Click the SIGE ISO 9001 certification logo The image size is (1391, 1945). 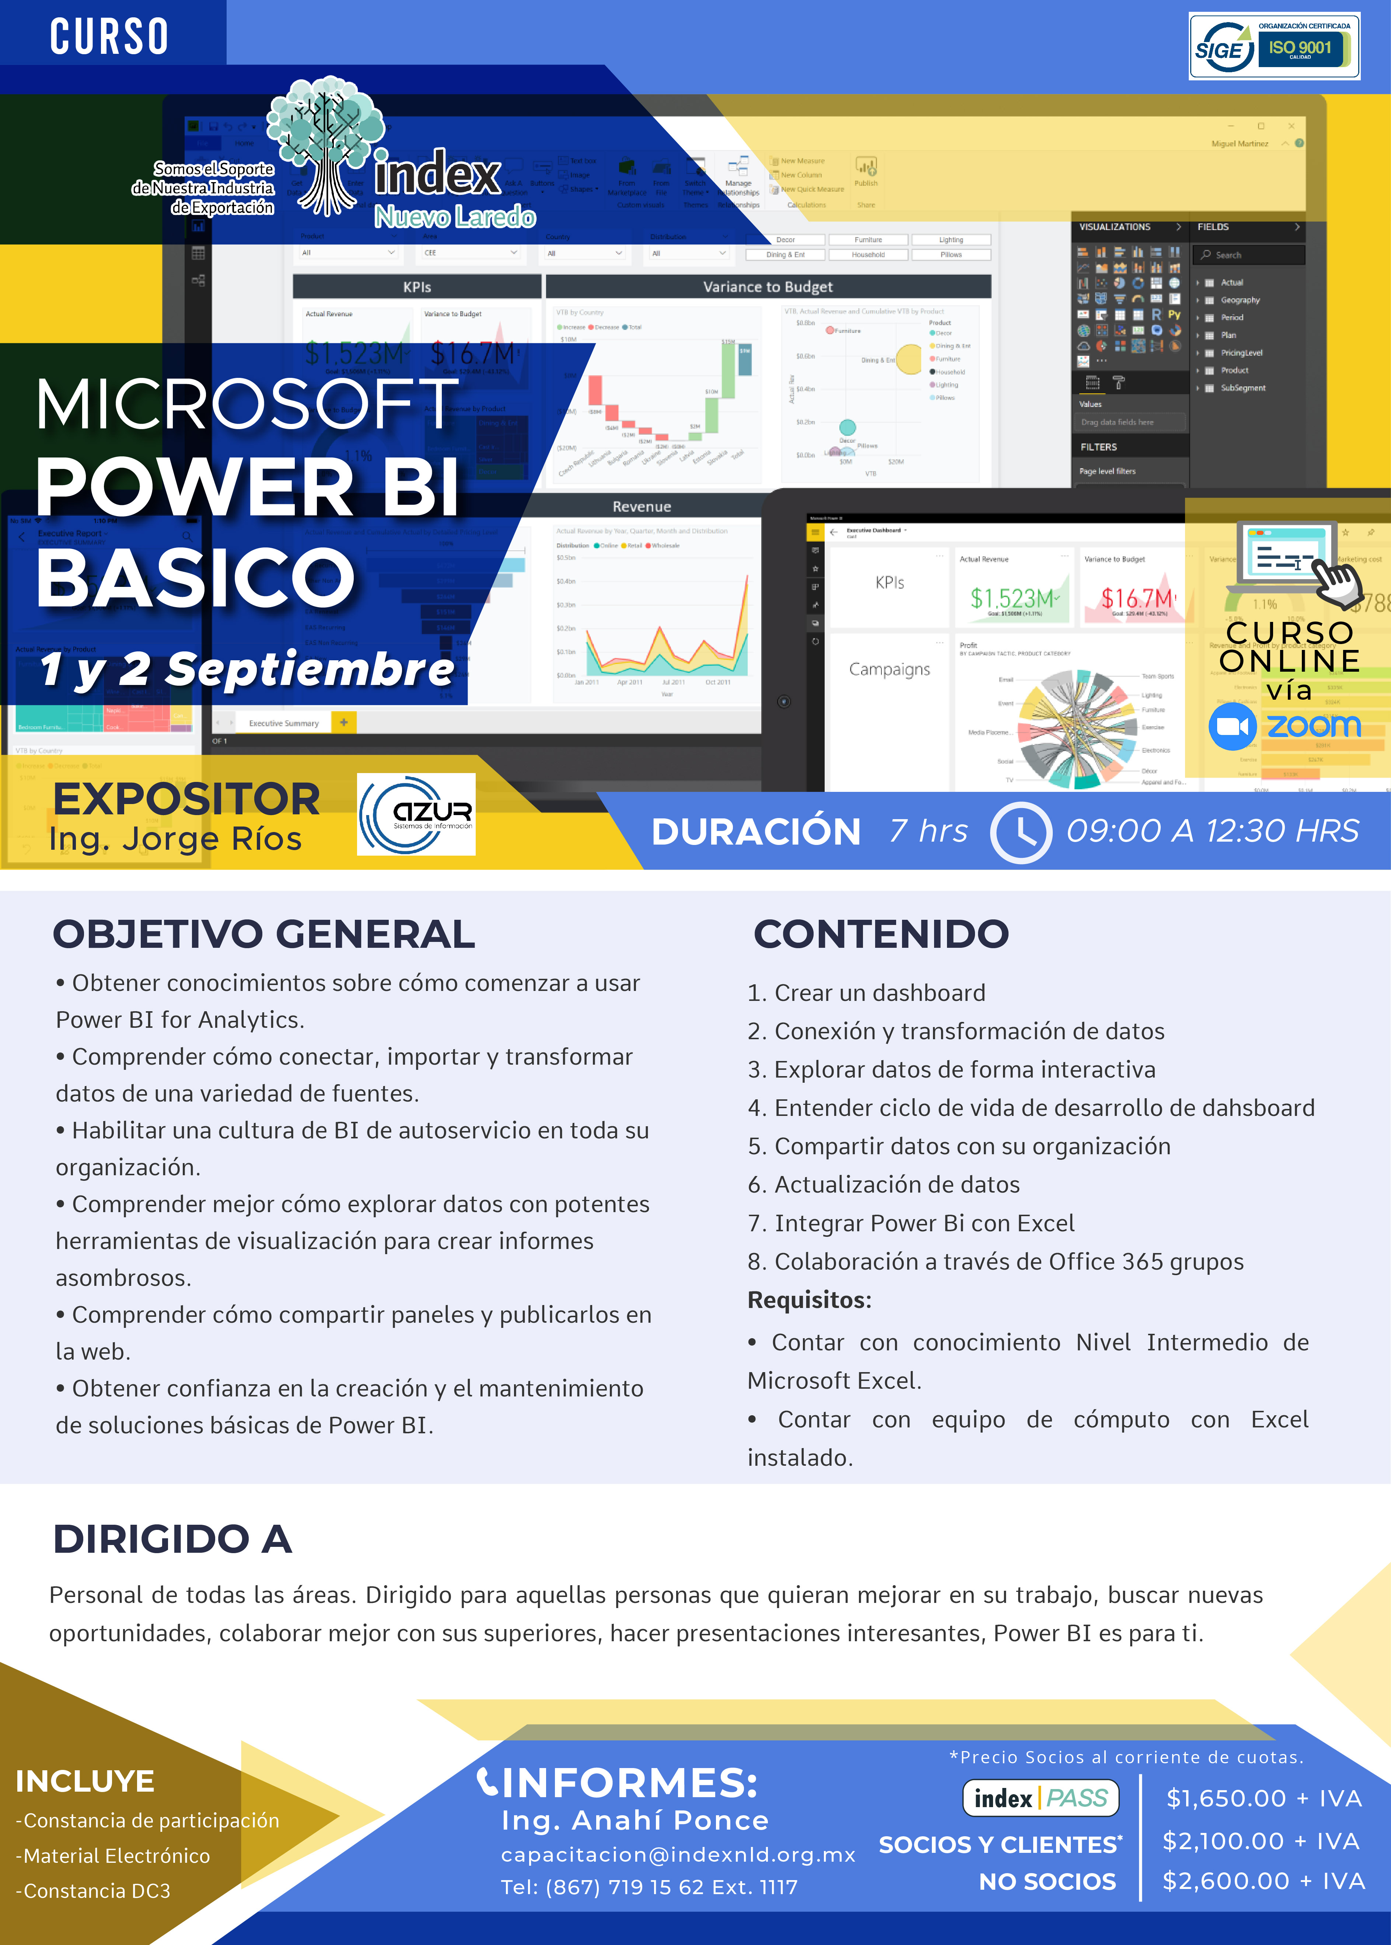[1274, 46]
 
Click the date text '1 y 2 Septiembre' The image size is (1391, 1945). [247, 669]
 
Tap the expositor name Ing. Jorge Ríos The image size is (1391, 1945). [176, 839]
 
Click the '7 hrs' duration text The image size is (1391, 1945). [929, 831]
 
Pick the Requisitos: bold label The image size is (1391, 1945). [810, 1300]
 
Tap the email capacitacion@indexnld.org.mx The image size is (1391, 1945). [678, 1854]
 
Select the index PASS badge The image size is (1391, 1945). [1041, 1798]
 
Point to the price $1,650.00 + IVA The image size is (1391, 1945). [1264, 1798]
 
